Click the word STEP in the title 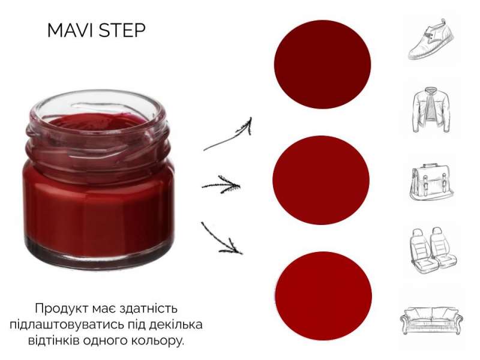pos(122,31)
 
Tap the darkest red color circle pos(322,64)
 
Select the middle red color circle pos(321,180)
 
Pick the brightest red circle pos(323,296)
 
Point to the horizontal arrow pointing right pos(221,185)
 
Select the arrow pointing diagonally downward pos(221,238)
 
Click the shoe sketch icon pos(431,39)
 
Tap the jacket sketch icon pos(431,110)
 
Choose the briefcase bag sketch pos(431,182)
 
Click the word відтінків pos(56,340)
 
